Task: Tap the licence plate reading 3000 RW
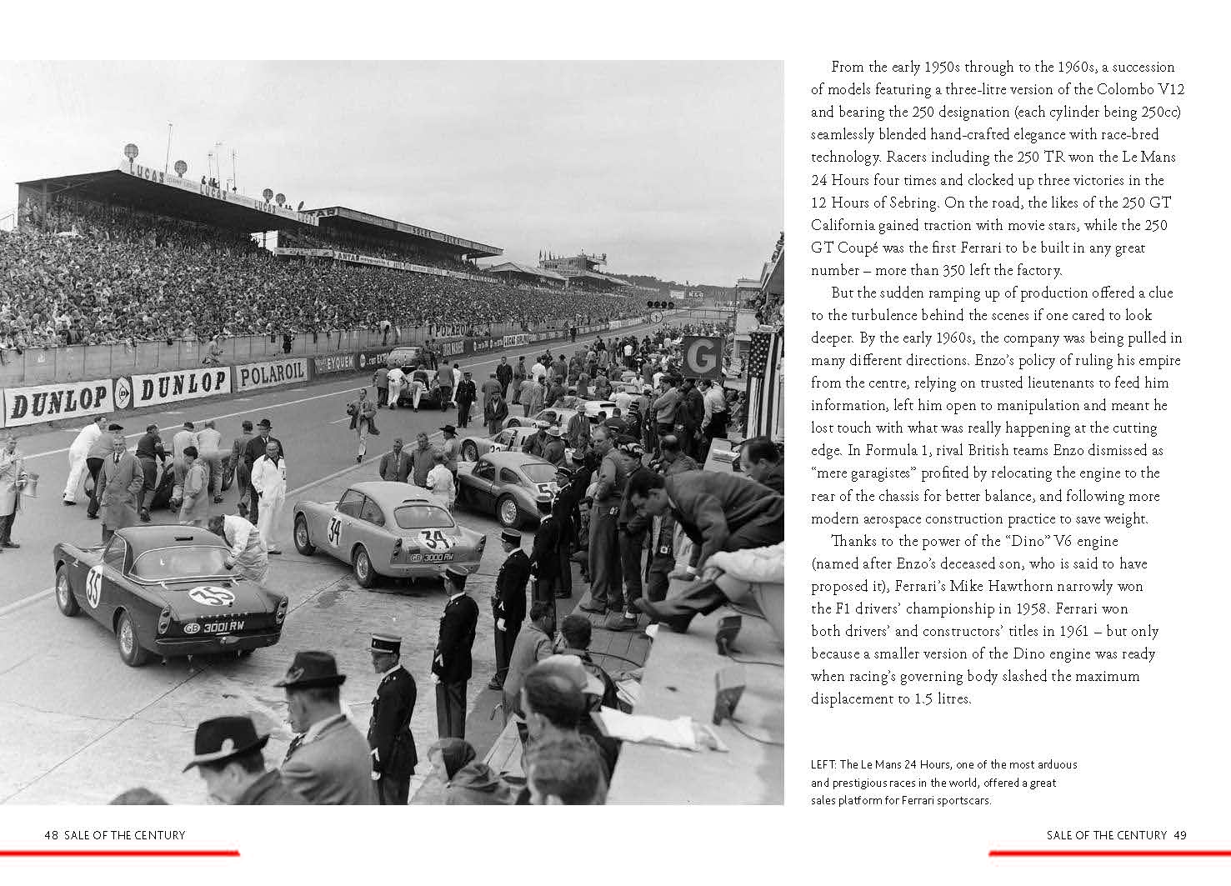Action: (432, 556)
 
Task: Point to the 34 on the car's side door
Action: (334, 530)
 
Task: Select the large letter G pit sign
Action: (702, 357)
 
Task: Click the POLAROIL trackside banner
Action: (272, 374)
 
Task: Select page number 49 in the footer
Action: (1179, 835)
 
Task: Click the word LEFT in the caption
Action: (822, 764)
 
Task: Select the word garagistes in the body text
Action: (884, 473)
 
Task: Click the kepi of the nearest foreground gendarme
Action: (385, 642)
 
